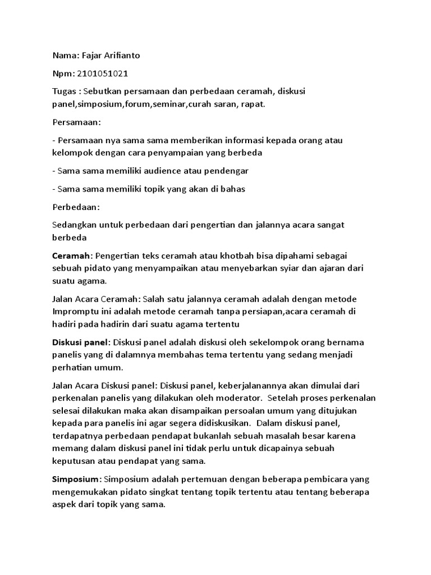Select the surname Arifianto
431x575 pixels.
point(124,56)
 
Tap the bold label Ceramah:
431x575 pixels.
point(72,256)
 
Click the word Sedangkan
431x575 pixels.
point(74,225)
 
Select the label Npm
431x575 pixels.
point(62,73)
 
